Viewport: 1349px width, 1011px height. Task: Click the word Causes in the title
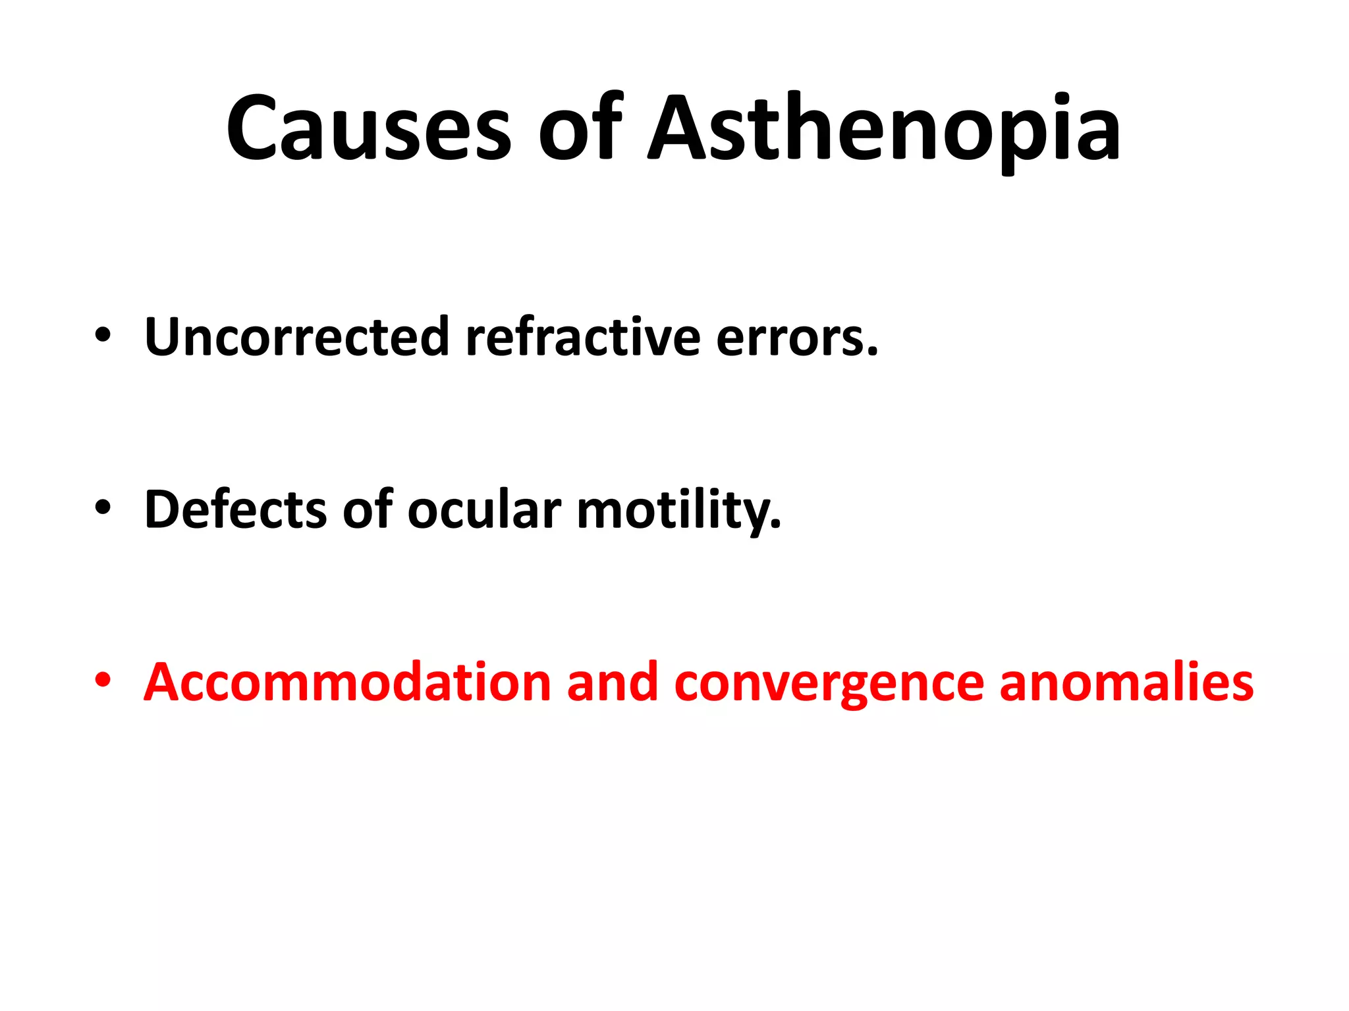[369, 128]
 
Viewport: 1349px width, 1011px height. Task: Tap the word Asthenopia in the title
[884, 128]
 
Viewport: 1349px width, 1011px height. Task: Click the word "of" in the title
[580, 128]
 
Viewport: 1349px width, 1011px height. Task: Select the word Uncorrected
[296, 337]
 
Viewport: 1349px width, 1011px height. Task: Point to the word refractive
[583, 337]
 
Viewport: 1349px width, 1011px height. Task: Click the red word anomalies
[1126, 683]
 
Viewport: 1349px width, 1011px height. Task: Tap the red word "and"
[612, 683]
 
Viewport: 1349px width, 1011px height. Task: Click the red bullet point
[103, 680]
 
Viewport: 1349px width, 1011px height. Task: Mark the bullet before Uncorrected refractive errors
[103, 335]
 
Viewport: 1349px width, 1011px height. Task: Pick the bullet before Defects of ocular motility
[103, 507]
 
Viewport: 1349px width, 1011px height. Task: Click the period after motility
[775, 525]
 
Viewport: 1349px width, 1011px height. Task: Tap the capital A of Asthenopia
[685, 128]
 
